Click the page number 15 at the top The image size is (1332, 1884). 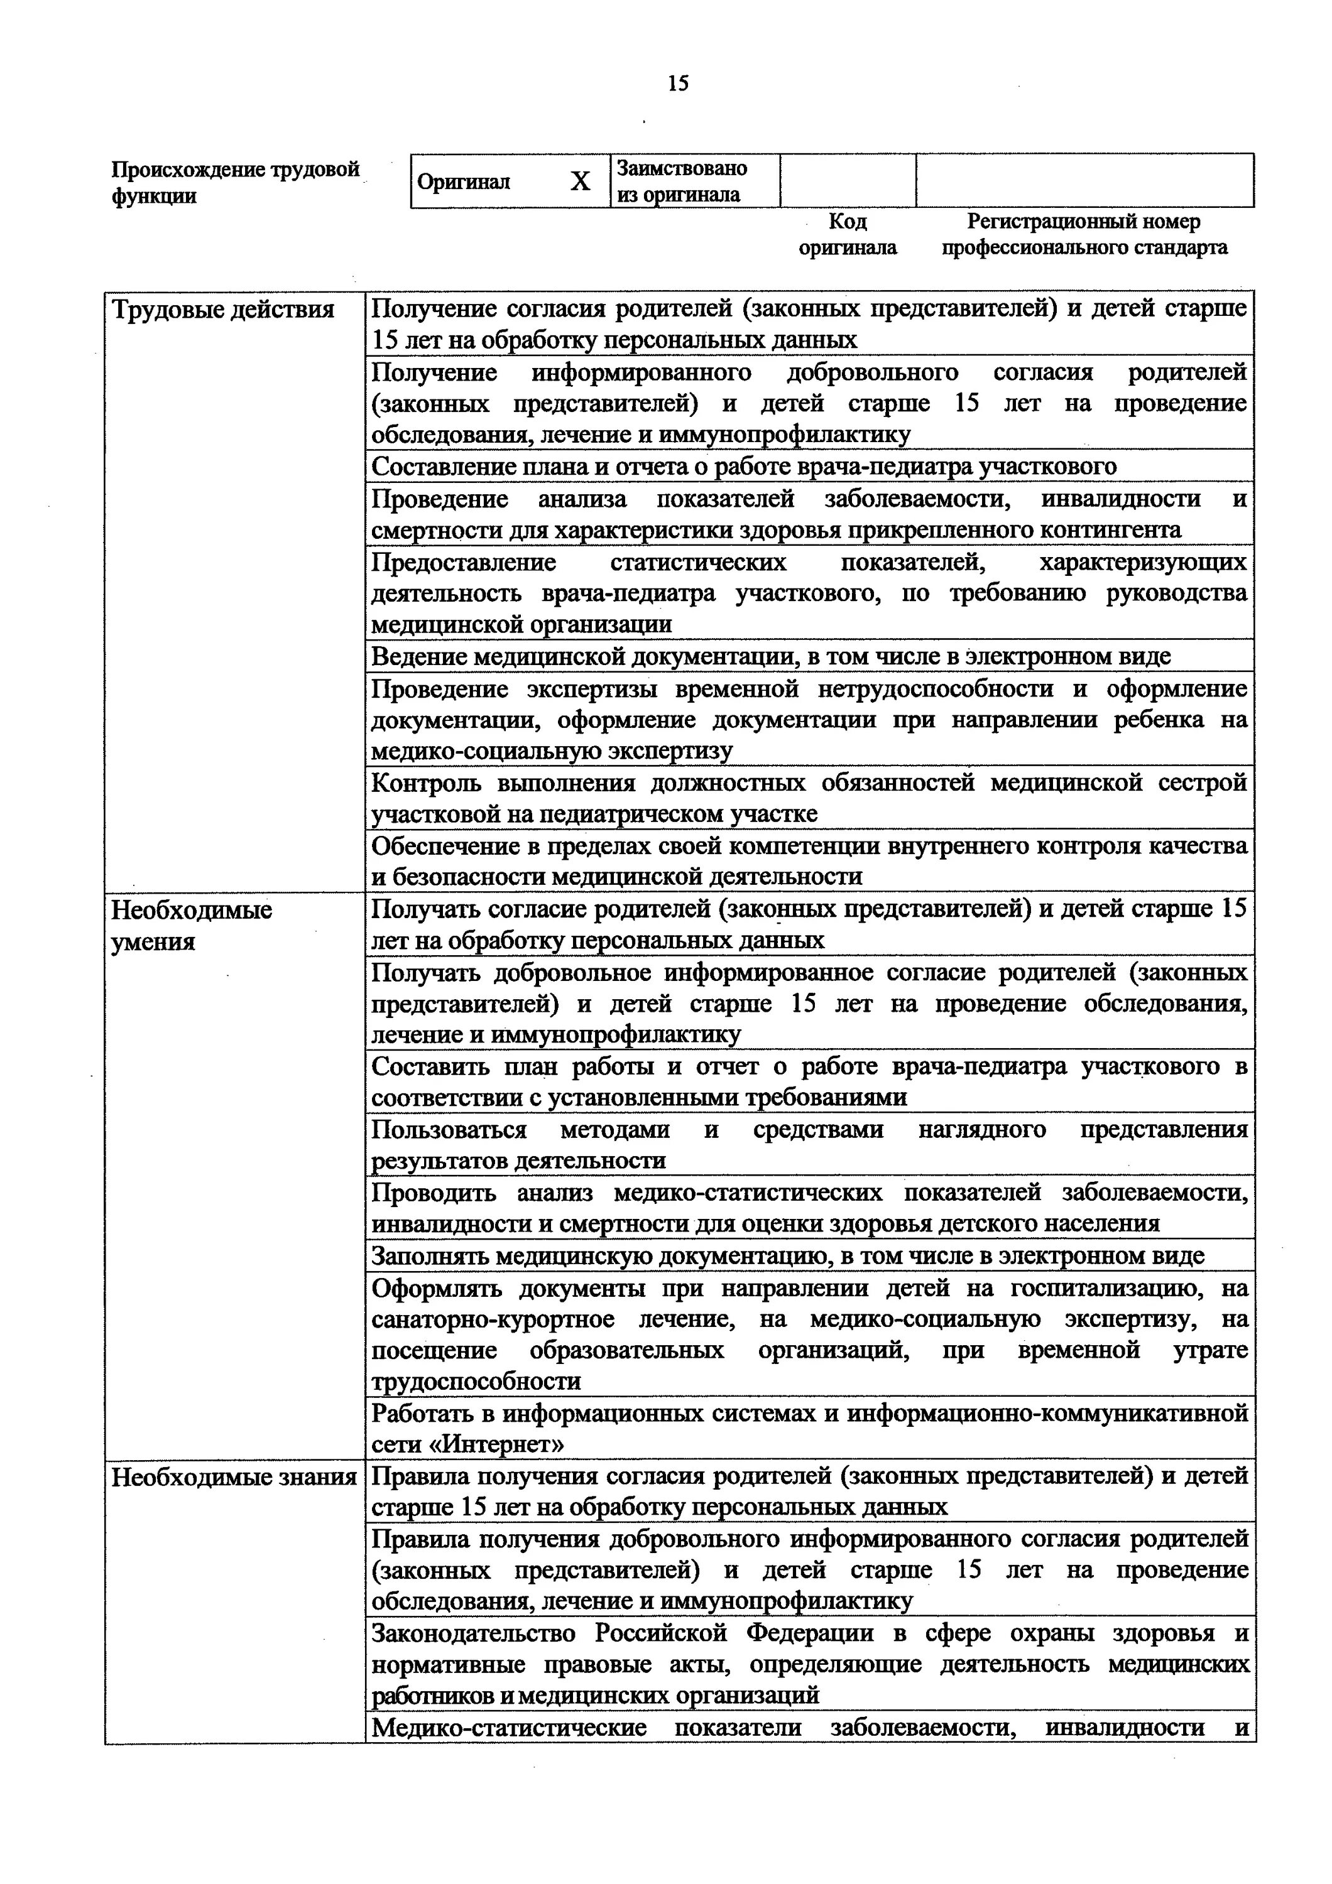pos(678,84)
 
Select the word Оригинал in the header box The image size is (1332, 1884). pos(463,182)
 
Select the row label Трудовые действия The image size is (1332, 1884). pos(223,310)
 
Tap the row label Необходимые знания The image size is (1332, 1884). pos(234,1477)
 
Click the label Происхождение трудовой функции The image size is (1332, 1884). pos(236,182)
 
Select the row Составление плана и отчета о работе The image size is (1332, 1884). pos(743,466)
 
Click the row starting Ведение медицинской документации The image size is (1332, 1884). pos(771,656)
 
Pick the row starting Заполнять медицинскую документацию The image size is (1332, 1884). pos(787,1255)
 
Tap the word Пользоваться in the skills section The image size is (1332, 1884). pos(449,1130)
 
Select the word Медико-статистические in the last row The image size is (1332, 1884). pos(509,1727)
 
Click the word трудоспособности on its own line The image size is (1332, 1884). pos(476,1381)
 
